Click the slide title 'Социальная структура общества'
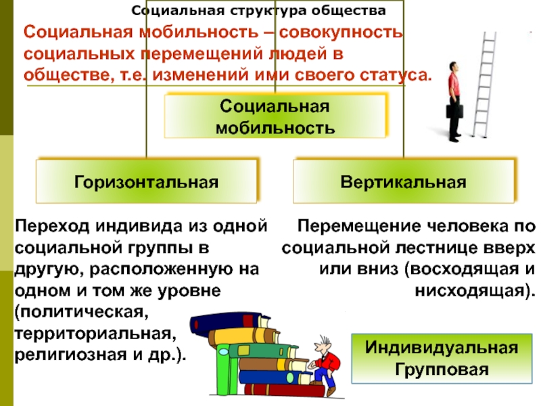coord(259,12)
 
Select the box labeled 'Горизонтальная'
coord(147,181)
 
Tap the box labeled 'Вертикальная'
coord(404,181)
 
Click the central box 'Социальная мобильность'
coord(275,116)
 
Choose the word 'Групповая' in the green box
coord(442,370)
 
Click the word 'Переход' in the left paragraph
coord(53,225)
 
